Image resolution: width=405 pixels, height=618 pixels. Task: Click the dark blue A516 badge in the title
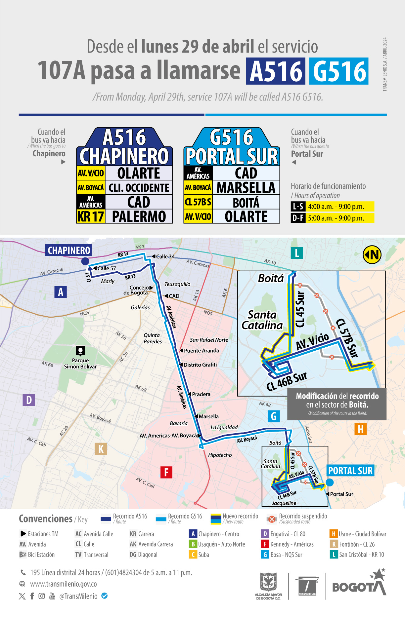pos(276,71)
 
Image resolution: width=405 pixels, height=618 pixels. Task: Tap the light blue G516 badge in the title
pos(339,71)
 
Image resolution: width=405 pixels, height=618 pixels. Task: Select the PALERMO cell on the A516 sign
pos(139,217)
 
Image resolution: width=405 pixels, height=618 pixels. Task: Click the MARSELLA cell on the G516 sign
pos(246,188)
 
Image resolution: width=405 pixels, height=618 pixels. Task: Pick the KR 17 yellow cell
pos(91,217)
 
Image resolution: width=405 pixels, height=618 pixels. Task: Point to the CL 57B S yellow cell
pos(198,202)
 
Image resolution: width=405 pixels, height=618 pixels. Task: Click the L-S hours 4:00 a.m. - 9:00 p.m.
pos(336,207)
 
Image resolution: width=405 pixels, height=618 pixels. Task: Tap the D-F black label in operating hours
pos(298,218)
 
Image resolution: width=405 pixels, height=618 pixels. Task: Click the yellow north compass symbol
pos(372,254)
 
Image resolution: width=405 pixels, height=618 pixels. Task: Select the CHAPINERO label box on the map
pos(69,250)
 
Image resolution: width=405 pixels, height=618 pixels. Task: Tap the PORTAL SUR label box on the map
pos(350,471)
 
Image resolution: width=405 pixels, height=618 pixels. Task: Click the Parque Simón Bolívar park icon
pos(80,350)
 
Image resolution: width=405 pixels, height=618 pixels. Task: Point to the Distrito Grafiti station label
pos(200,365)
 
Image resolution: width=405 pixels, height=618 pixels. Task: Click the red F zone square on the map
pos(166,472)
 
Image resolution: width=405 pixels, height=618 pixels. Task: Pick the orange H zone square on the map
pos(361,429)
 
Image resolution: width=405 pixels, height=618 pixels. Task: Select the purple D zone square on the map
pos(29,400)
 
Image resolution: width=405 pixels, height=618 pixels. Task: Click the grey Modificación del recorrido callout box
pos(337,404)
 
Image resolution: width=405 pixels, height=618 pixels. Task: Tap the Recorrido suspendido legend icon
pos(272,519)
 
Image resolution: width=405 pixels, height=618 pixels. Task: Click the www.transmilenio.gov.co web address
pos(64,584)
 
